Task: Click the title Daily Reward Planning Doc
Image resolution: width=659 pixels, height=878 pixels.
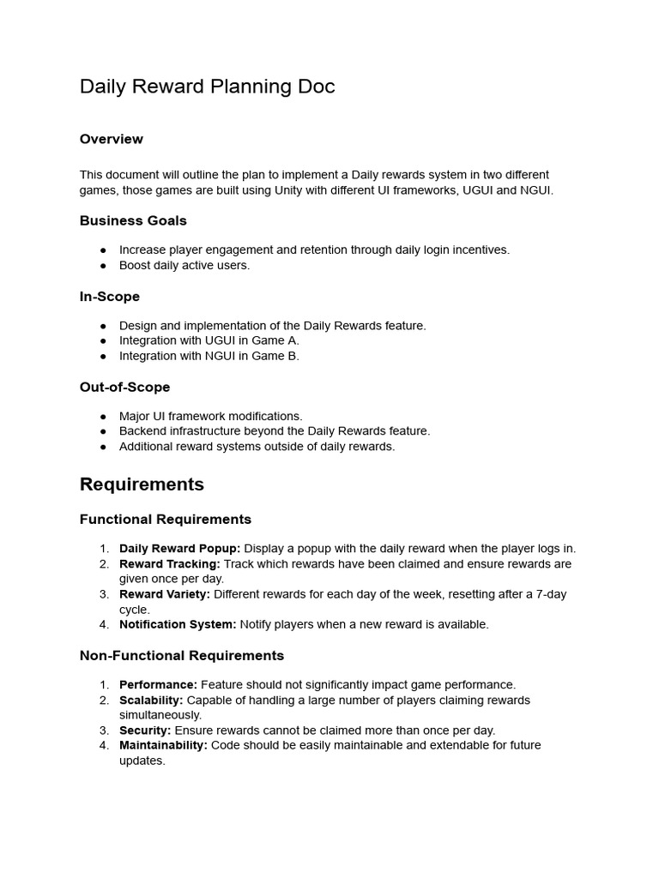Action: [x=207, y=87]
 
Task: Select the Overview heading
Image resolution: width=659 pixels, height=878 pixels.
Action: [x=112, y=139]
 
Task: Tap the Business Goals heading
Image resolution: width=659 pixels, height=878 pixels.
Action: [x=133, y=220]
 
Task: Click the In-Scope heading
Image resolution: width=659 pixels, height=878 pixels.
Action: [x=110, y=297]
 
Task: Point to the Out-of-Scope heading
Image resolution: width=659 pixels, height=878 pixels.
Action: [x=124, y=388]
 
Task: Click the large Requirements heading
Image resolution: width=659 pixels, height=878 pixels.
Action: [x=142, y=484]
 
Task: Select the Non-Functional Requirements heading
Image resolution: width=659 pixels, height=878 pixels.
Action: [x=182, y=656]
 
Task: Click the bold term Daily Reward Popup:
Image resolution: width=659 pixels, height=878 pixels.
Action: [x=179, y=549]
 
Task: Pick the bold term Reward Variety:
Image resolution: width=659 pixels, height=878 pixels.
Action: [x=165, y=594]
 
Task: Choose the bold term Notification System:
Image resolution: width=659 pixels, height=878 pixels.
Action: [x=178, y=624]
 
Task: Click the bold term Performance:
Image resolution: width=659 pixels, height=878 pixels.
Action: [x=158, y=685]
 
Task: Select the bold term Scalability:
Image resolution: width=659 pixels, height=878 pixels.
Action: [x=151, y=701]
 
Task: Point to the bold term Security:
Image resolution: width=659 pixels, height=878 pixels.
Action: [x=144, y=731]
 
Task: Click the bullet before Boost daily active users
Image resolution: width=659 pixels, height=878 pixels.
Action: [x=104, y=266]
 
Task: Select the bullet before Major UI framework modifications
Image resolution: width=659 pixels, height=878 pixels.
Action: [x=104, y=417]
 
